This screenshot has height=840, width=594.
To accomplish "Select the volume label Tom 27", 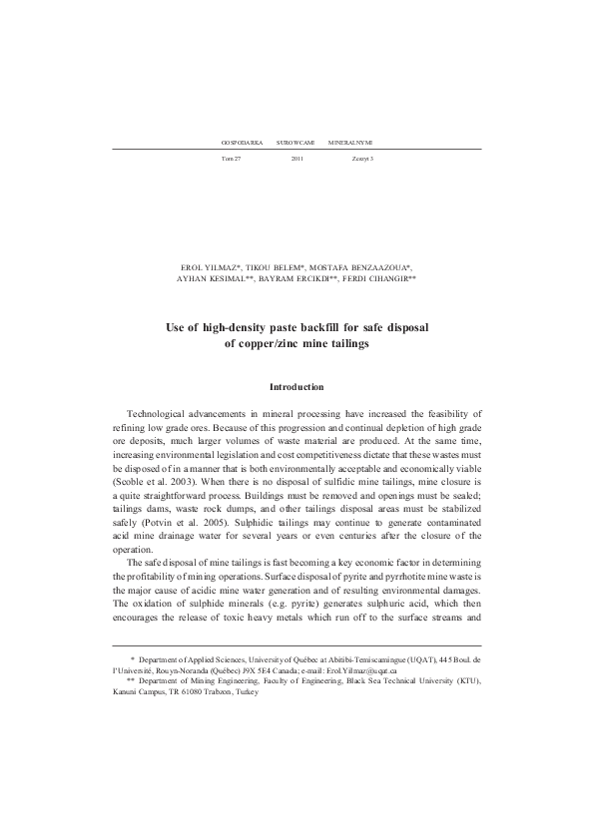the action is click(231, 159).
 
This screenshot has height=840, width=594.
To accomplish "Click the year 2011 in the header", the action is click(297, 159).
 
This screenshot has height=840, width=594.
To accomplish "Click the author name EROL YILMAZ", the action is click(211, 269).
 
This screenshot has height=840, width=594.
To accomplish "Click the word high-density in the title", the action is click(239, 326).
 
